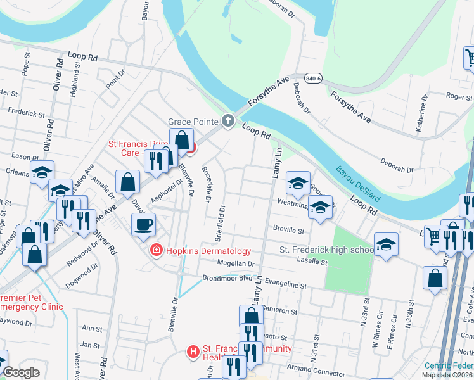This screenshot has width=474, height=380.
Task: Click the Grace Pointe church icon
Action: click(x=228, y=121)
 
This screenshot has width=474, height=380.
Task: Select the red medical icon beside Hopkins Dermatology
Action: click(x=155, y=251)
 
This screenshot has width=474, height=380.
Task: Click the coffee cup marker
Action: click(x=143, y=224)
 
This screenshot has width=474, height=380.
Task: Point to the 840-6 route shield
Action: click(x=312, y=77)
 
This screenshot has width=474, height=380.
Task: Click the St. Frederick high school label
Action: click(x=326, y=250)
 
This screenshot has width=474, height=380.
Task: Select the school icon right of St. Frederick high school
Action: click(x=385, y=244)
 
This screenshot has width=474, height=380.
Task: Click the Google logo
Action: click(x=21, y=372)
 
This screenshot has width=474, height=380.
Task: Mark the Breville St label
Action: click(x=289, y=231)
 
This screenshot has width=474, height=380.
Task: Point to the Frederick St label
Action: click(x=26, y=115)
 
